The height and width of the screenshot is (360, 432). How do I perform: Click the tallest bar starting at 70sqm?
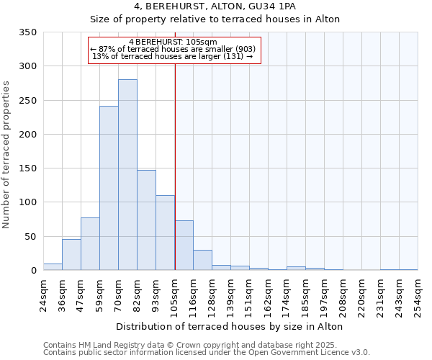tap(127, 175)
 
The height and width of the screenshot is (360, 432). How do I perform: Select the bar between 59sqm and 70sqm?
tap(109, 188)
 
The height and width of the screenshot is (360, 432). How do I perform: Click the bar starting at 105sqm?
tap(184, 246)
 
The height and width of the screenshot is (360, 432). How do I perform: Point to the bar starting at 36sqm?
tap(71, 255)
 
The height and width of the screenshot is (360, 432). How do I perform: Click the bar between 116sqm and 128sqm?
tap(202, 260)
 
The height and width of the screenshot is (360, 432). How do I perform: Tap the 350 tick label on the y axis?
tap(27, 32)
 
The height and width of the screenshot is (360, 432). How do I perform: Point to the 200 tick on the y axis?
tap(27, 135)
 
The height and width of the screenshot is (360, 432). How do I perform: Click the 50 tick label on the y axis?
tap(30, 237)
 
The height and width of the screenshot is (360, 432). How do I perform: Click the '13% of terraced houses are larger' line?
tap(173, 57)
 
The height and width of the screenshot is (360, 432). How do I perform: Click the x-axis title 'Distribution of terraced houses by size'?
tap(229, 327)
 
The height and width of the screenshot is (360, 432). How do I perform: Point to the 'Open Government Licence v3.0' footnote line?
tap(207, 352)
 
